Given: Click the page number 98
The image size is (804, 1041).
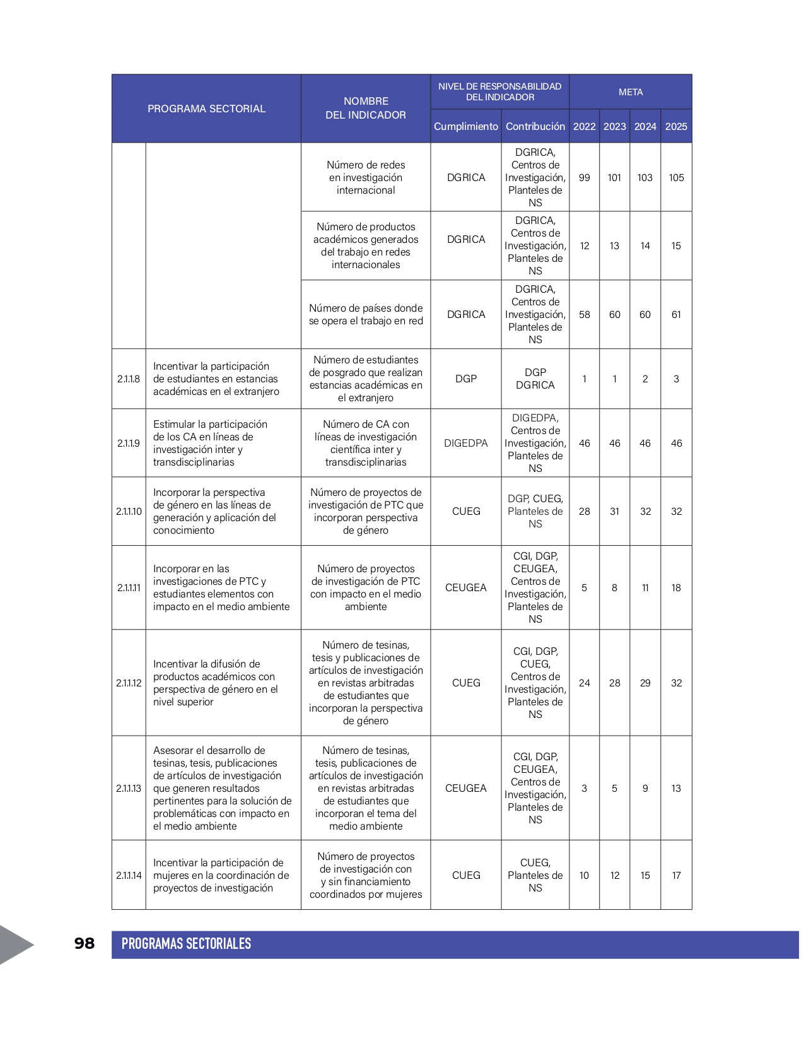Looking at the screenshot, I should (84, 943).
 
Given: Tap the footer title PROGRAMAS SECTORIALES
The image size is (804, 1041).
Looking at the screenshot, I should (186, 944).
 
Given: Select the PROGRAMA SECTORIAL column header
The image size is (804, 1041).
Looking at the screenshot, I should (206, 109).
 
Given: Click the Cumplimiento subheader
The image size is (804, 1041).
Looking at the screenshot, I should (465, 126).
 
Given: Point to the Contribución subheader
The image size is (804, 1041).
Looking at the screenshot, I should (535, 126).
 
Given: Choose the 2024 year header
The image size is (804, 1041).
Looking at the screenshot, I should (645, 126).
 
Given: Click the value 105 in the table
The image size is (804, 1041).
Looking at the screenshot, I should (676, 177).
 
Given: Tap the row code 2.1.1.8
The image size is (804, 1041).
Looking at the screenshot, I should (129, 379).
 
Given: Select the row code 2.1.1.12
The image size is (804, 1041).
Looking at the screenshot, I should (129, 683).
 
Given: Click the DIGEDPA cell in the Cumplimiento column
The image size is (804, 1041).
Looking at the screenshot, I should (465, 443).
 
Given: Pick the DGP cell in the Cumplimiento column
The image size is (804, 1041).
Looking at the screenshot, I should (465, 379).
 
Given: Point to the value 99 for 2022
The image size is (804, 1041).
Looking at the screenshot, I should (584, 177).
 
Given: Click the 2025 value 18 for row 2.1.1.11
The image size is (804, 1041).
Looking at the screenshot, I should (676, 587).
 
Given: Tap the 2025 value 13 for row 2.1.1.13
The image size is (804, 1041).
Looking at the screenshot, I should (676, 788).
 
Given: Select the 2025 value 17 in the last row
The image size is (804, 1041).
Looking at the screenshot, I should (676, 875).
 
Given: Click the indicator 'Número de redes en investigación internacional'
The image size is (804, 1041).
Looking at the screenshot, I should (366, 177).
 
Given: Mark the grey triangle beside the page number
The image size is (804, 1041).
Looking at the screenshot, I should (14, 944).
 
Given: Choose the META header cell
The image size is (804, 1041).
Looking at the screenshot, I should (631, 92).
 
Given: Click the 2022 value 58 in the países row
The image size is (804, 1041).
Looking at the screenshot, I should (584, 314).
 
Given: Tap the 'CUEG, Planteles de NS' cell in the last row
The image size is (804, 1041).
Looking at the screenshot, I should (535, 875).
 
